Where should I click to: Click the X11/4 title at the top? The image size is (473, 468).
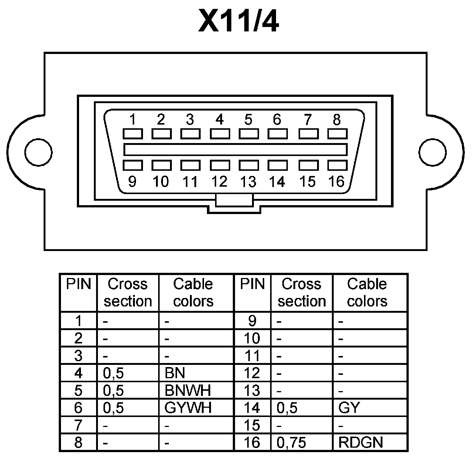[x=238, y=21]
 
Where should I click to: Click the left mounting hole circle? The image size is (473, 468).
[x=38, y=152]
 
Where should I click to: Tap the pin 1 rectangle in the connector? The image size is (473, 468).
[x=132, y=133]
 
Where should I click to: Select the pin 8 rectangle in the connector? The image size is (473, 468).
[x=337, y=133]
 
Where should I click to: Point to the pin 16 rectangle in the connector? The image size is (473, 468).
[x=337, y=165]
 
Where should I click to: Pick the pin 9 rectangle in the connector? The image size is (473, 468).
[x=132, y=165]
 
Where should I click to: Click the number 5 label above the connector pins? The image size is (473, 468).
[x=248, y=119]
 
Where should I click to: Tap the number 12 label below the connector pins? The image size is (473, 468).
[x=219, y=182]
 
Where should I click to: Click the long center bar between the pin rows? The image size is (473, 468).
[x=235, y=149]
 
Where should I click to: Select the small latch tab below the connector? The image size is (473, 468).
[x=234, y=201]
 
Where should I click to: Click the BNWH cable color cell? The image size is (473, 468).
[x=187, y=390]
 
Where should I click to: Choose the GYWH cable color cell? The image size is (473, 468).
[x=188, y=408]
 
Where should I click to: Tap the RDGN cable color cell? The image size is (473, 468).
[x=361, y=442]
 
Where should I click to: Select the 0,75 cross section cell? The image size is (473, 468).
[x=291, y=442]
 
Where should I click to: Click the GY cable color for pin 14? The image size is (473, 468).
[x=349, y=408]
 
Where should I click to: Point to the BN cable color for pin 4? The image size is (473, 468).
[x=175, y=373]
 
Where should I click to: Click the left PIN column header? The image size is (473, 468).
[x=78, y=284]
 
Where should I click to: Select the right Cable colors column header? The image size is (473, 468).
[x=367, y=292]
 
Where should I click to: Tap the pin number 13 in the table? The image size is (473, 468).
[x=252, y=390]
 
